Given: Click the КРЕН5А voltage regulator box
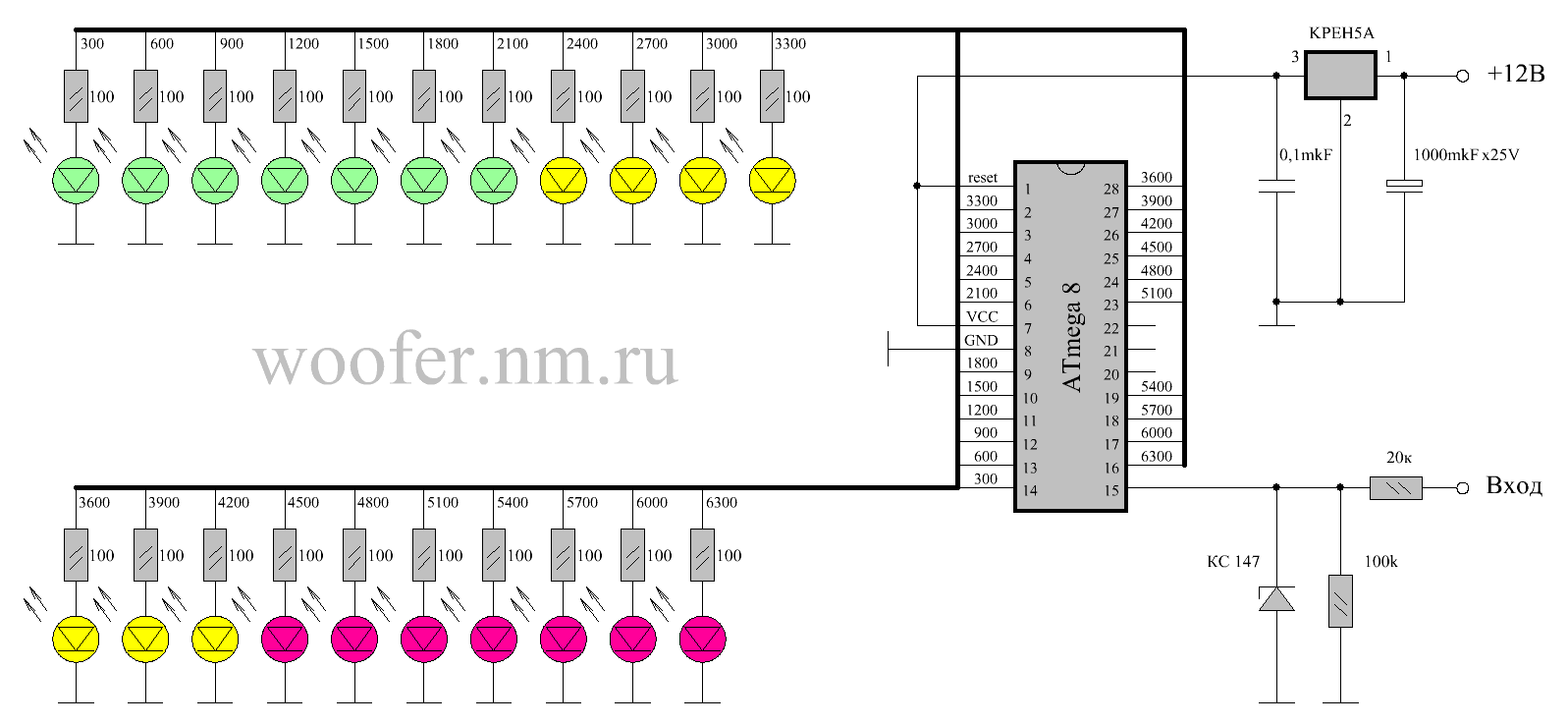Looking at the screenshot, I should (x=1340, y=76).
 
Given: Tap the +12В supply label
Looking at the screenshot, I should (x=1515, y=74).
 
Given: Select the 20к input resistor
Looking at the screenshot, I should (x=1395, y=487).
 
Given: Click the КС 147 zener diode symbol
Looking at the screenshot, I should (x=1276, y=598).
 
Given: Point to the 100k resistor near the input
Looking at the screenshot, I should (x=1340, y=600).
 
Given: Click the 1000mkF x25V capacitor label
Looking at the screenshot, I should (x=1465, y=154).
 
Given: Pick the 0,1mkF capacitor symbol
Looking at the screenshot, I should (x=1276, y=186).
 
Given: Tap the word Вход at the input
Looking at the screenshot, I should (x=1513, y=485).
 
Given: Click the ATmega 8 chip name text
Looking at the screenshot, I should (x=1072, y=336).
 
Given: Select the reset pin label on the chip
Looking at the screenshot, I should (x=982, y=178).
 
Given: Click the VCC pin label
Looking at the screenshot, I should (x=982, y=316).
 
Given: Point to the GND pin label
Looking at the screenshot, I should (x=981, y=340).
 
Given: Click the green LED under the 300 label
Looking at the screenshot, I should (x=77, y=181).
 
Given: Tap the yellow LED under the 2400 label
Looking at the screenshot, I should (x=564, y=181).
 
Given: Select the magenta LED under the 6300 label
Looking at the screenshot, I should (x=703, y=640).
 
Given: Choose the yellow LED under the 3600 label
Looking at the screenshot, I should (x=77, y=640).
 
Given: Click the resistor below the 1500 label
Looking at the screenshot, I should (x=354, y=96).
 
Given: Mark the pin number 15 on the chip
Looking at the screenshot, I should (x=1110, y=490).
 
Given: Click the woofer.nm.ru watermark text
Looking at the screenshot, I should (x=466, y=362).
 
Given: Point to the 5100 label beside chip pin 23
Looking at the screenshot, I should (x=1156, y=293).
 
